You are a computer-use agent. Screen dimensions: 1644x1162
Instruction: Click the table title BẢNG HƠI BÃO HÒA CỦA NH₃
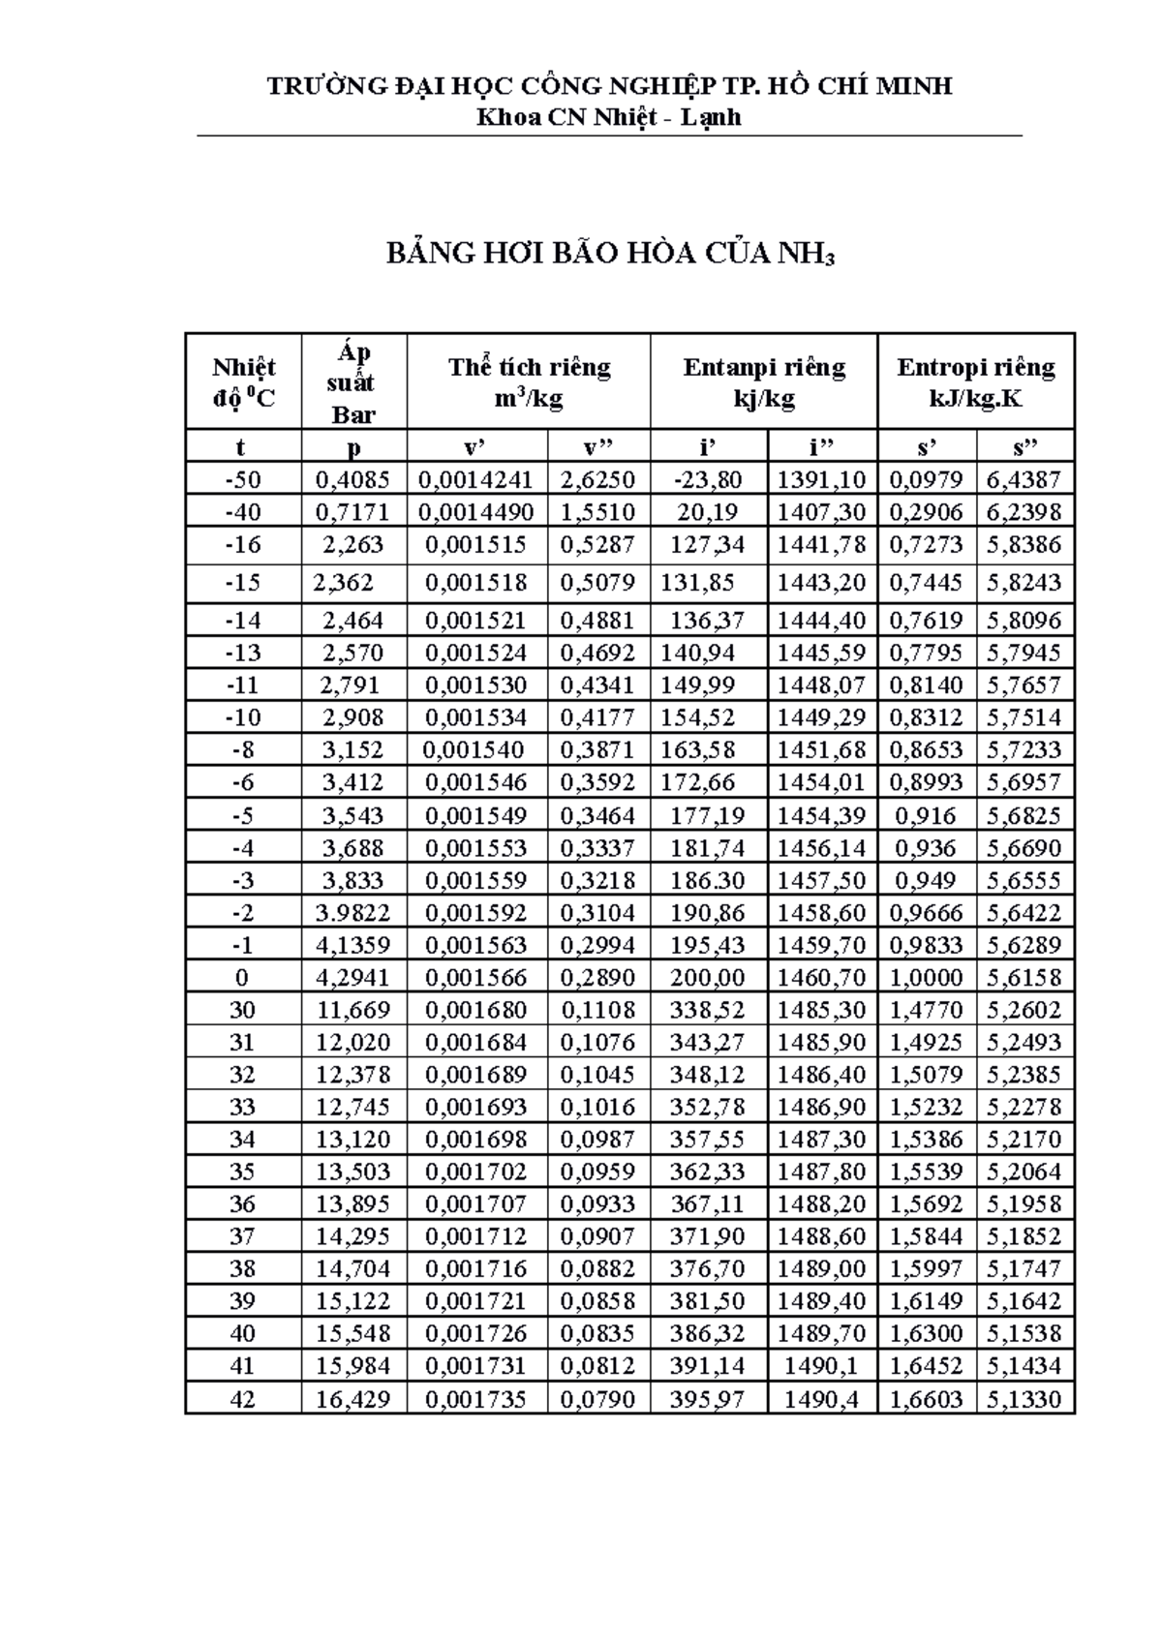609,254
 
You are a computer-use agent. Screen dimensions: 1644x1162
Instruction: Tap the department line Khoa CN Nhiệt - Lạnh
609,117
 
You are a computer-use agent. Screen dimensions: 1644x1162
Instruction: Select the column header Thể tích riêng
529,381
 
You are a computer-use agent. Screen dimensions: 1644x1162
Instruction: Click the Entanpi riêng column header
764,381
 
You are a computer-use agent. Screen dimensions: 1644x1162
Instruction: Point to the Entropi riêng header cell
975,381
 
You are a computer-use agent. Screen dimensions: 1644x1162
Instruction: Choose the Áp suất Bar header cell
353,382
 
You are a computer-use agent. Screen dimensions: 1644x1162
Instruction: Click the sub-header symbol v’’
597,446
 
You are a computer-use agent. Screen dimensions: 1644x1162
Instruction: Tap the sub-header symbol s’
927,446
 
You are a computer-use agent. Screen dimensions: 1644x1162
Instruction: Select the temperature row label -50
242,479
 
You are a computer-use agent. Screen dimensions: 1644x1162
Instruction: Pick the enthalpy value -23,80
710,479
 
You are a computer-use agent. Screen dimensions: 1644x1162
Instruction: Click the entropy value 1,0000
927,977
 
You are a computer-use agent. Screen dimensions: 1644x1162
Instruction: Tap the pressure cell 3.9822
353,912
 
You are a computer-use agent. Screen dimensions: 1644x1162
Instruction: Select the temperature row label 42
242,1398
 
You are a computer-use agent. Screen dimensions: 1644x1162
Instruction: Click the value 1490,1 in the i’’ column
821,1365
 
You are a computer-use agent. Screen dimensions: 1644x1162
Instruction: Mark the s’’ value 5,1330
1024,1398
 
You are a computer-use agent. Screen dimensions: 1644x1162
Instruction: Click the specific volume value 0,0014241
476,479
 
